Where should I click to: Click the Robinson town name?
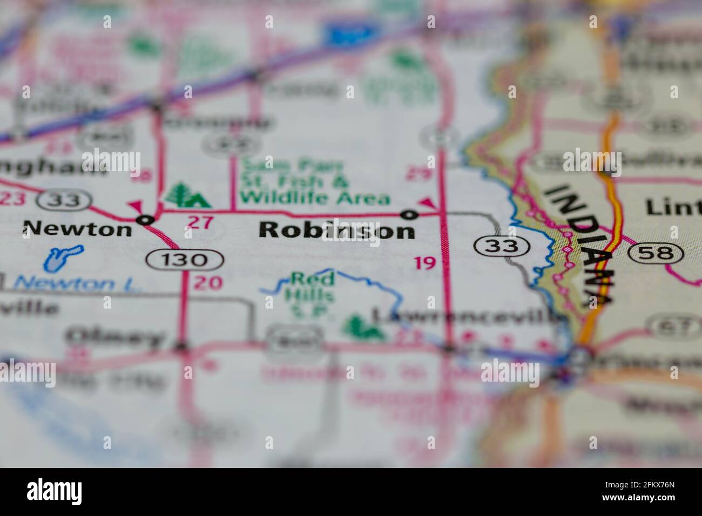(337, 231)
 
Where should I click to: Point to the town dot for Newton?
(145, 220)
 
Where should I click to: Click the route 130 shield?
(185, 260)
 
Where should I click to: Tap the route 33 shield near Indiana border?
(502, 246)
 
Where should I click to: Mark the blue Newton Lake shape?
(62, 257)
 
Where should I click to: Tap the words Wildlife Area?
(315, 198)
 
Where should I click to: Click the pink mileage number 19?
(424, 263)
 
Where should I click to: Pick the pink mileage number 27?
(200, 222)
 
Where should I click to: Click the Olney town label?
(114, 337)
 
